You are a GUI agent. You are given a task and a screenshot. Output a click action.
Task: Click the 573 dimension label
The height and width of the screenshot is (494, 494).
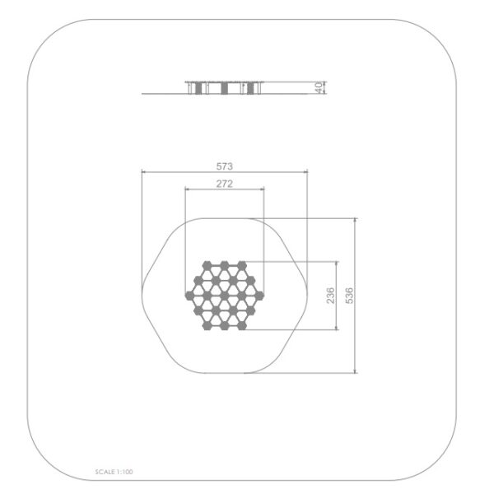(x=224, y=166)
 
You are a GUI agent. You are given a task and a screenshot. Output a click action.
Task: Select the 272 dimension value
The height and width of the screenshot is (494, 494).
(x=224, y=184)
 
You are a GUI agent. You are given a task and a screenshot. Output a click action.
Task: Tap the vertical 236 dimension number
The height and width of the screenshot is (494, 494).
(x=330, y=296)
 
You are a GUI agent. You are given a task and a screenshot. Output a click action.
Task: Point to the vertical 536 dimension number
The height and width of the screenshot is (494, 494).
(x=349, y=296)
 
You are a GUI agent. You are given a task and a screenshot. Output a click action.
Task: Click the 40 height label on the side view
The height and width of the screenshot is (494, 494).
(x=319, y=87)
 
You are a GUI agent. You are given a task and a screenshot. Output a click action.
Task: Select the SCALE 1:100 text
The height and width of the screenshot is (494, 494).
(x=114, y=472)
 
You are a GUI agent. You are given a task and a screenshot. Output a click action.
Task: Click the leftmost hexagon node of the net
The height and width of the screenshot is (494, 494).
(x=189, y=296)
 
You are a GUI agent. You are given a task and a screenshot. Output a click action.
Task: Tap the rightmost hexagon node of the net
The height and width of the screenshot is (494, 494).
(x=259, y=296)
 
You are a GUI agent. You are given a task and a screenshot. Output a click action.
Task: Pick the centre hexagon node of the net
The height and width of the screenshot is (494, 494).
(x=224, y=296)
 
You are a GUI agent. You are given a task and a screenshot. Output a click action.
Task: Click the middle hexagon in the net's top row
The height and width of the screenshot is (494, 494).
(x=224, y=265)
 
